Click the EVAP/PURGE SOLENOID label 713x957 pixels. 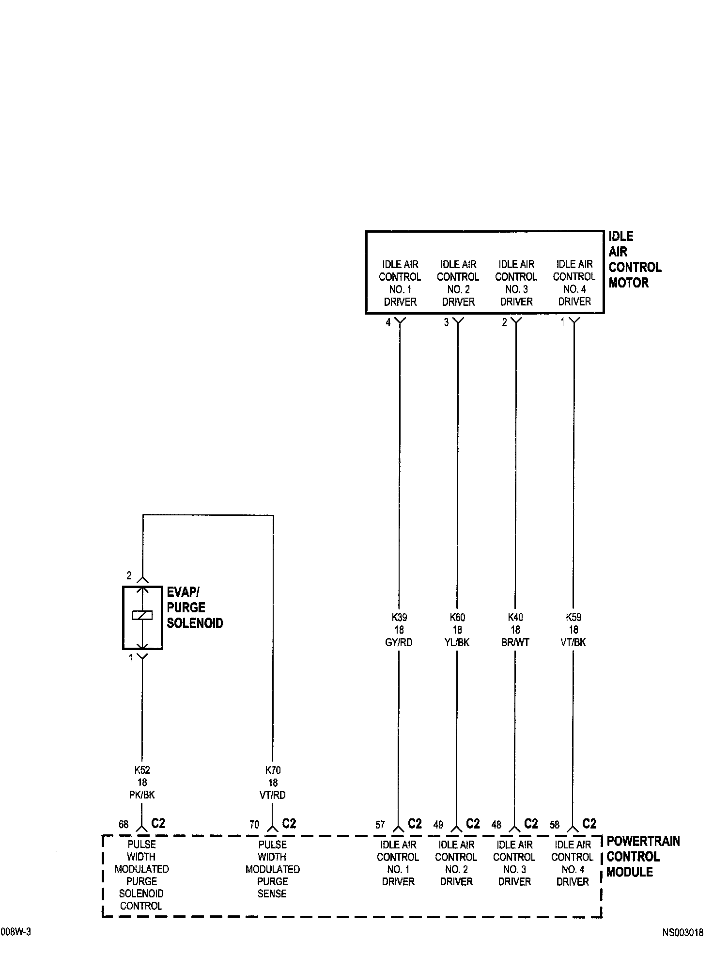pos(194,607)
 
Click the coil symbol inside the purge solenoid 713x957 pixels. pos(142,615)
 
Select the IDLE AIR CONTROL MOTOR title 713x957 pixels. pos(634,259)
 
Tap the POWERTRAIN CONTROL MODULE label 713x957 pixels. pos(643,857)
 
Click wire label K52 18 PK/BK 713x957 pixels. pos(141,782)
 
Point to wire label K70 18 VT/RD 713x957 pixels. pos(273,782)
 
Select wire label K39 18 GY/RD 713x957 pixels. pos(399,630)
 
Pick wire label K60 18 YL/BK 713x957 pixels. pos(457,630)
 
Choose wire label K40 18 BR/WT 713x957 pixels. pos(515,630)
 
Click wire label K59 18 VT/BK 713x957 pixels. pos(573,630)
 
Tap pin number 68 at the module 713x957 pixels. pos(124,825)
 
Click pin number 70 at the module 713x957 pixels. pos(254,825)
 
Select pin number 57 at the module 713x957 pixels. pos(380,825)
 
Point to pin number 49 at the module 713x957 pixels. pos(438,825)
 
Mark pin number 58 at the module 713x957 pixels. pos(555,825)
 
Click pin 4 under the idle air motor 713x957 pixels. pos(388,322)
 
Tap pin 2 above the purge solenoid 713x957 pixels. pos(129,575)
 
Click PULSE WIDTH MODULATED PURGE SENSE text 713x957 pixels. pos(273,869)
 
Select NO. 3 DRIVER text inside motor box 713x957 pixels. pos(516,295)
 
